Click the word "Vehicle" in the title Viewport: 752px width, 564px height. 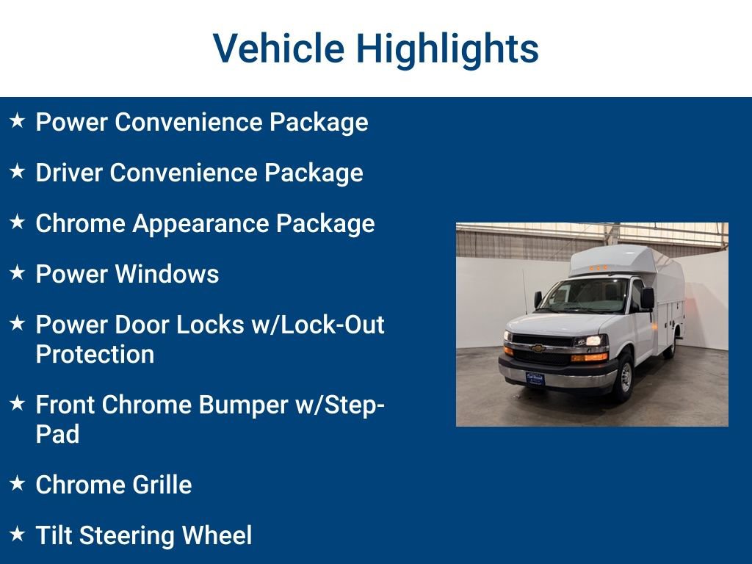click(x=278, y=48)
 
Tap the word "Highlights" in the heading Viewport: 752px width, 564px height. click(x=447, y=48)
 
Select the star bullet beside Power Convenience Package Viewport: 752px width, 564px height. click(x=17, y=120)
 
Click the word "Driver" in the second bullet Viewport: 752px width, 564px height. click(x=69, y=173)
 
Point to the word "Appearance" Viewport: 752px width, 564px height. click(x=200, y=223)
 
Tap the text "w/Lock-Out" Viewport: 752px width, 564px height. click(x=318, y=325)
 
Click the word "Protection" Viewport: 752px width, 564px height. click(x=95, y=354)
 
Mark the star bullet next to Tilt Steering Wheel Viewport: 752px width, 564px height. click(x=17, y=534)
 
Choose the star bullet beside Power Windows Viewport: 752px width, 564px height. click(x=17, y=272)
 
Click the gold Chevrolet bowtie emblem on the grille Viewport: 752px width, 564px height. click(x=538, y=348)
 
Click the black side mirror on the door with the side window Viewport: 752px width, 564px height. click(x=647, y=298)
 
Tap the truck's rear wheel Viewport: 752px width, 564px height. click(x=670, y=347)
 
